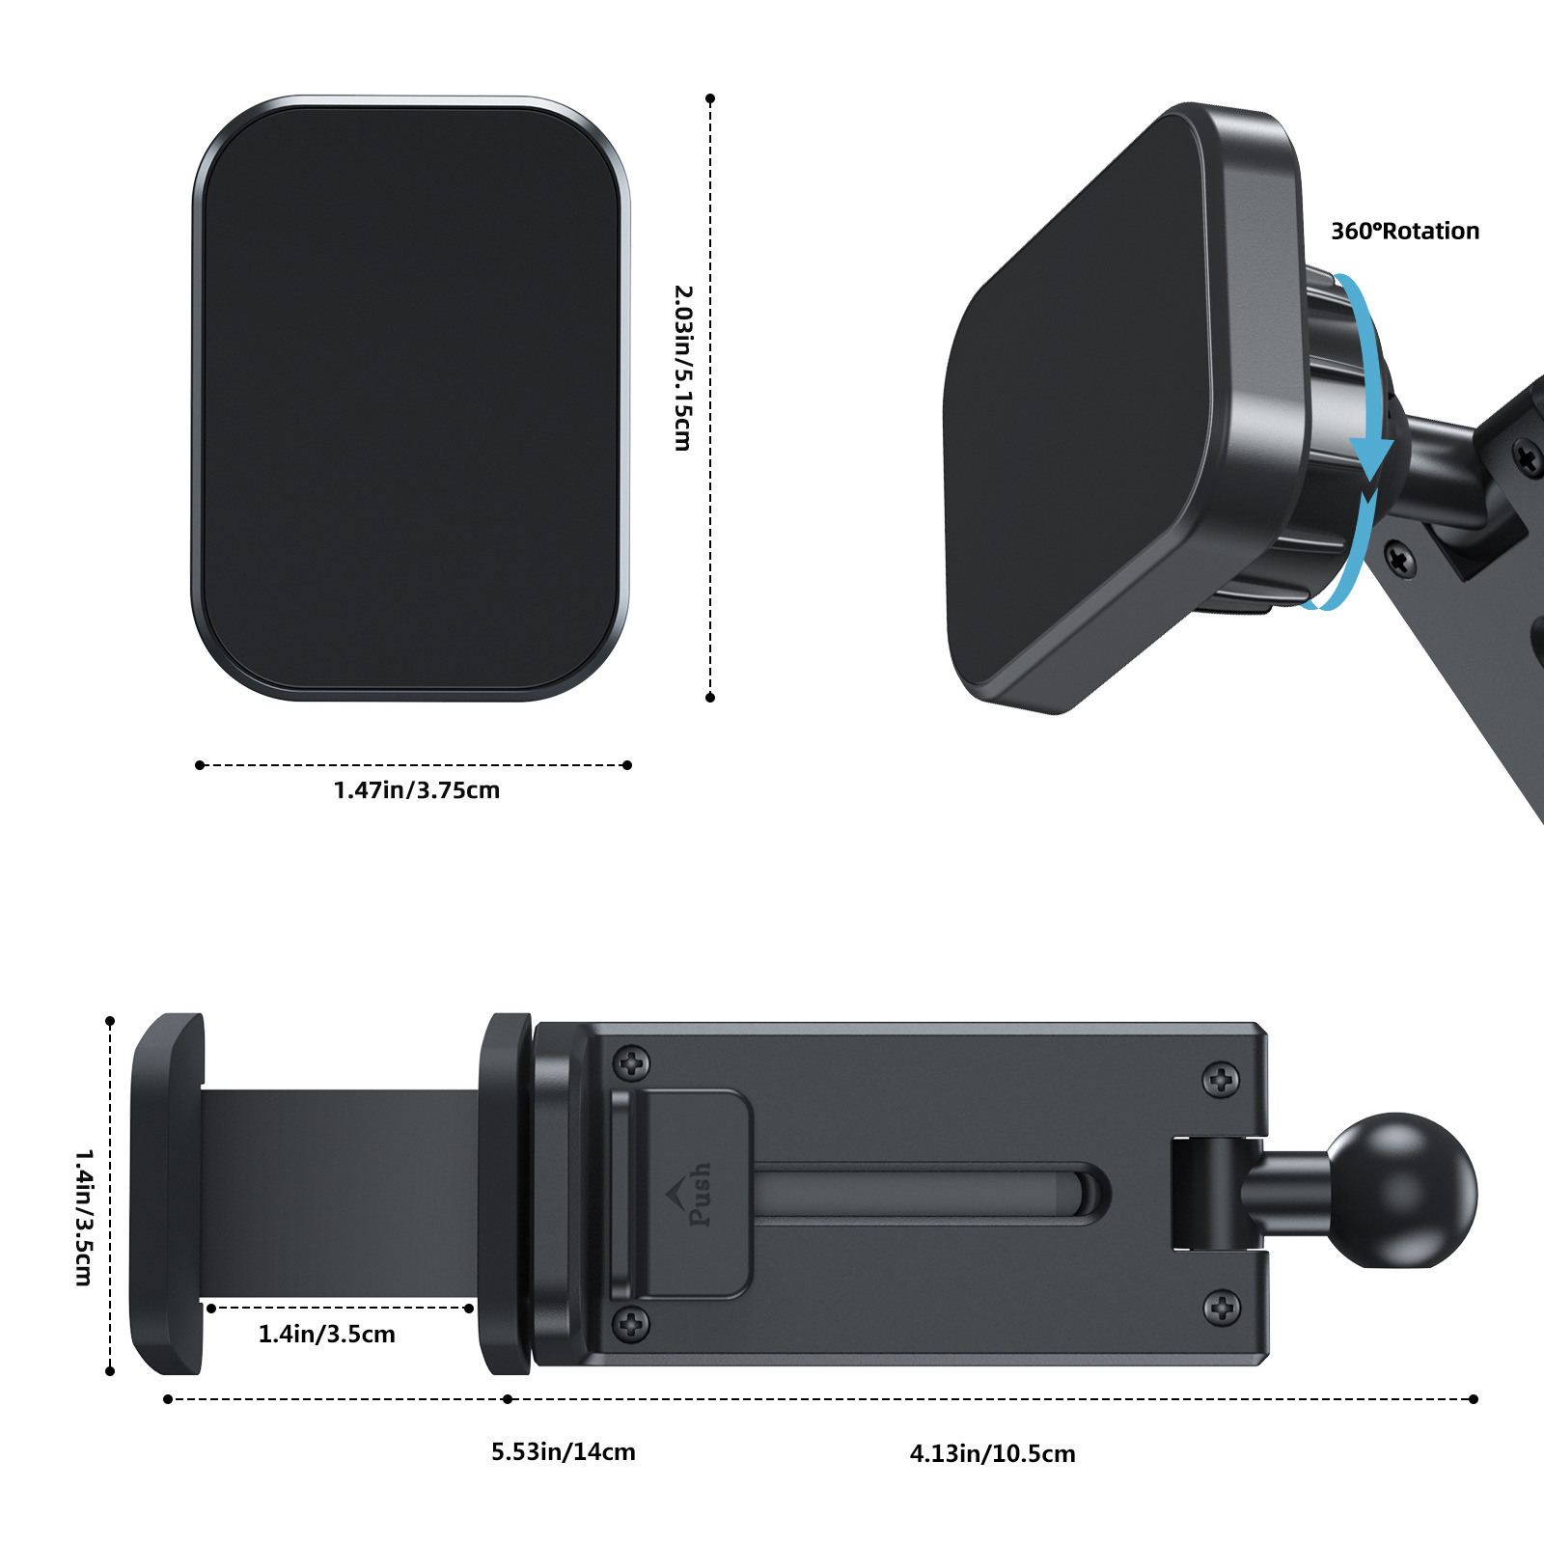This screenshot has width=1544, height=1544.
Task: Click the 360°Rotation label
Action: point(1405,232)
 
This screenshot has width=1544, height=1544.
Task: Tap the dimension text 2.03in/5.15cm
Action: point(683,368)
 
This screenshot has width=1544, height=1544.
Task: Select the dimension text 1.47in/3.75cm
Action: point(417,790)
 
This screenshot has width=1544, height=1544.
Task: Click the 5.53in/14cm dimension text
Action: point(564,1452)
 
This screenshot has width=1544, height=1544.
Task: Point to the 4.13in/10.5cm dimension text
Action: point(992,1454)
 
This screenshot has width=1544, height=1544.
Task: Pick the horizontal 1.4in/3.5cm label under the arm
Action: point(327,1335)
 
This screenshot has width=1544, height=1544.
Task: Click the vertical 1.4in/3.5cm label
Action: point(84,1217)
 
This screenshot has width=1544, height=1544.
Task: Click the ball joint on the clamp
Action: point(1401,1190)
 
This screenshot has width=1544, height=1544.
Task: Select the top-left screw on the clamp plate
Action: point(632,1063)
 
